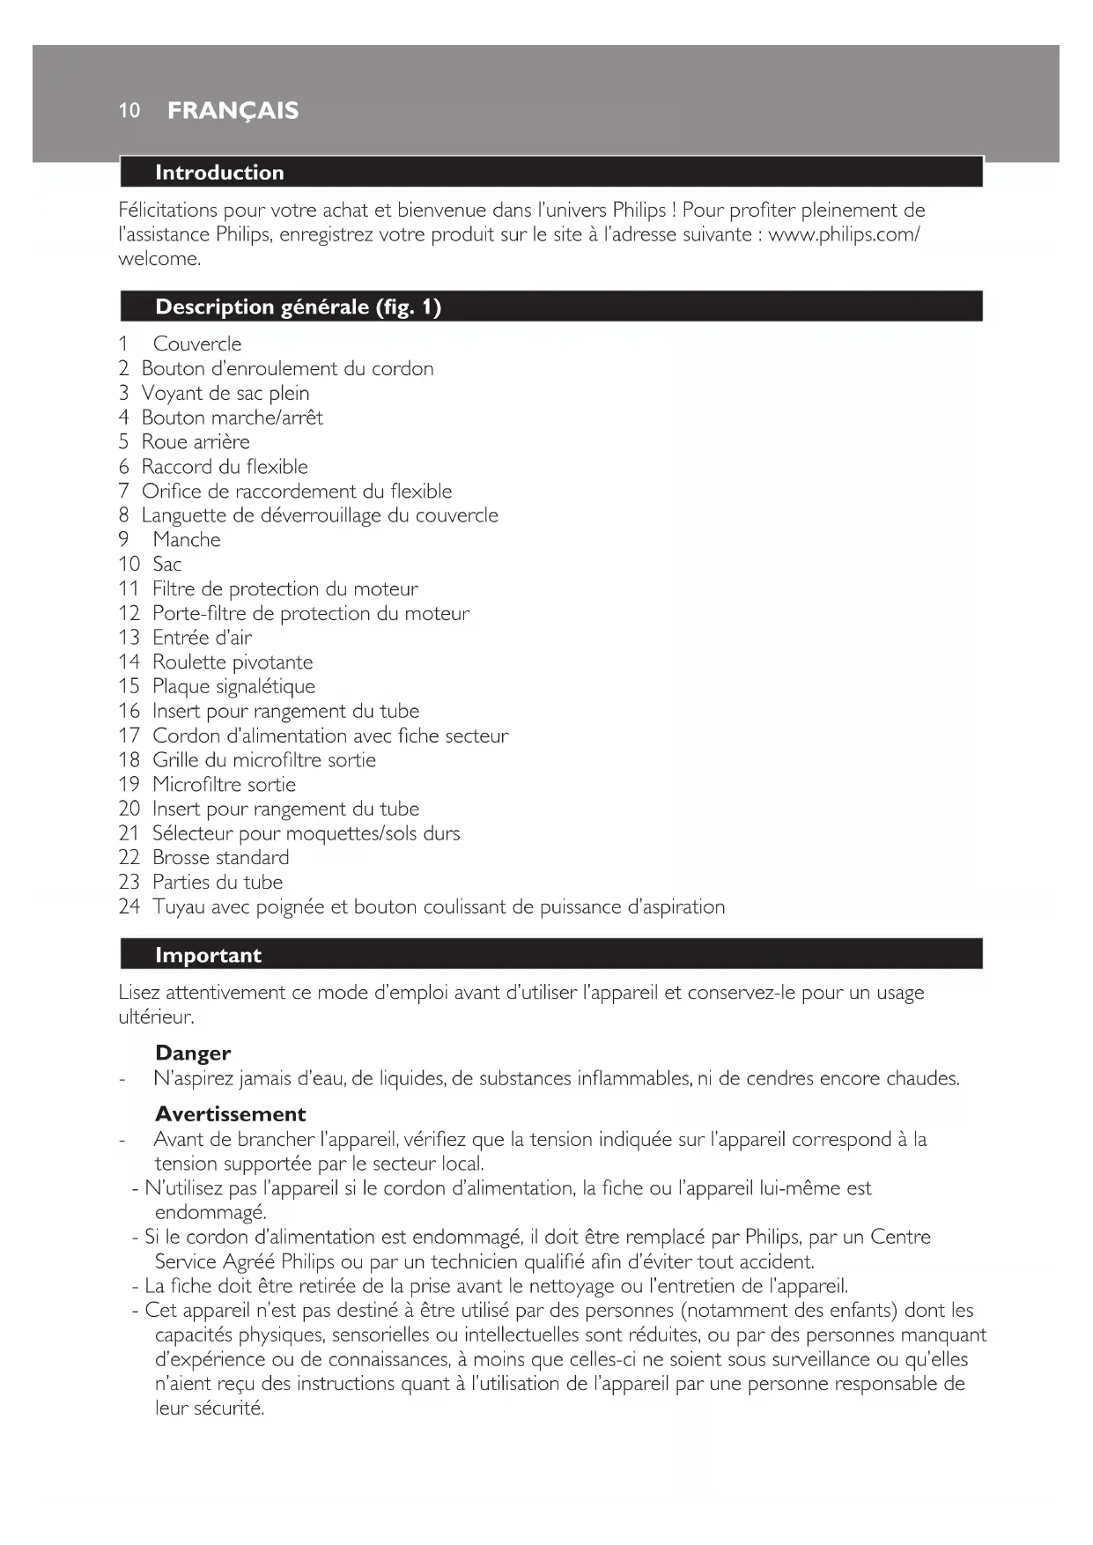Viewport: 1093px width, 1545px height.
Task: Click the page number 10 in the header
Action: pyautogui.click(x=129, y=110)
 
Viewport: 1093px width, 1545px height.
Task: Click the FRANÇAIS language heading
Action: pyautogui.click(x=233, y=110)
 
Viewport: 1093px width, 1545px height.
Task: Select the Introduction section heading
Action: pyautogui.click(x=219, y=173)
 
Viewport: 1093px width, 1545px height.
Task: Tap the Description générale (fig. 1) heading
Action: pyautogui.click(x=298, y=307)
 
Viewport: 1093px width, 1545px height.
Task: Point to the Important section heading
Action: pyautogui.click(x=208, y=955)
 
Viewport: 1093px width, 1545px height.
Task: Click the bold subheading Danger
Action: pyautogui.click(x=193, y=1053)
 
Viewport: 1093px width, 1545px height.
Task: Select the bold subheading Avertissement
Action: pyautogui.click(x=230, y=1113)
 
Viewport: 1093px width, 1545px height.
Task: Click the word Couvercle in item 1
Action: pyautogui.click(x=196, y=344)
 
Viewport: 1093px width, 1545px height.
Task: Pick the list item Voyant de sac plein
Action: pyautogui.click(x=225, y=393)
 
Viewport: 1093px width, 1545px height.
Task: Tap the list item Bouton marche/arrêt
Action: pyautogui.click(x=232, y=417)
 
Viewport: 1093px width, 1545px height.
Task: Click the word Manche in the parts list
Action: pyautogui.click(x=187, y=539)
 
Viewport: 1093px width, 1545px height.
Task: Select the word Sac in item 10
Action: pyautogui.click(x=167, y=564)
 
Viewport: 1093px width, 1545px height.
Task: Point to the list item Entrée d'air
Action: pyautogui.click(x=202, y=637)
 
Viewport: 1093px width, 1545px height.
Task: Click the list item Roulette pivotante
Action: pyautogui.click(x=233, y=662)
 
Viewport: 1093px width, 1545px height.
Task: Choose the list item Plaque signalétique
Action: pyautogui.click(x=233, y=686)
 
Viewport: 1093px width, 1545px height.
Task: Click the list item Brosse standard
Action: pyautogui.click(x=220, y=857)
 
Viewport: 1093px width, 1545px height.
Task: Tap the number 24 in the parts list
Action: pyautogui.click(x=129, y=906)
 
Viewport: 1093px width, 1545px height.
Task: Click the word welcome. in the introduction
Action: pyautogui.click(x=159, y=259)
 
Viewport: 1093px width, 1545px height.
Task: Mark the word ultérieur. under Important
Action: pyautogui.click(x=156, y=1016)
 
